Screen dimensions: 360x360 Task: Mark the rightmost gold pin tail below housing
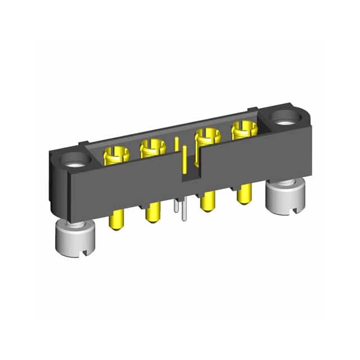[243, 194]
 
